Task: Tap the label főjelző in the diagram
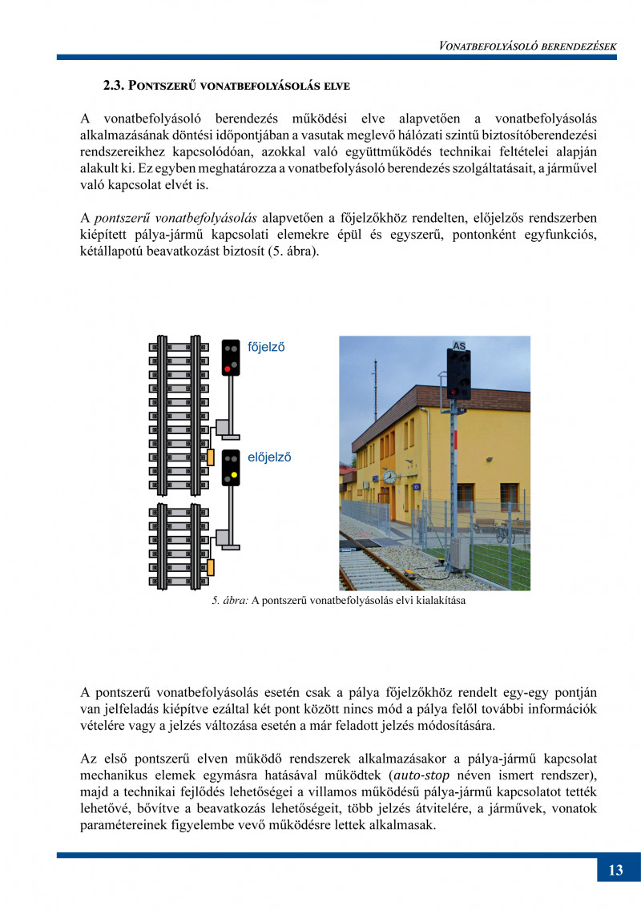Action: coord(267,348)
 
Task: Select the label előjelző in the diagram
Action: coord(268,457)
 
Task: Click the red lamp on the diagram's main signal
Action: coord(228,368)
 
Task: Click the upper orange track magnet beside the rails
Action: coord(210,457)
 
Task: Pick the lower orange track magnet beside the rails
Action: coord(211,567)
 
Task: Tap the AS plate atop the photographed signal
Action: coord(459,346)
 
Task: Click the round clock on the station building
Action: coord(389,477)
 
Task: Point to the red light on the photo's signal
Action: coord(454,392)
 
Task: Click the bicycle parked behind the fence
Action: coord(504,533)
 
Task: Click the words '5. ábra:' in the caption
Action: coord(230,600)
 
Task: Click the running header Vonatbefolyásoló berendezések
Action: coord(527,46)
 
